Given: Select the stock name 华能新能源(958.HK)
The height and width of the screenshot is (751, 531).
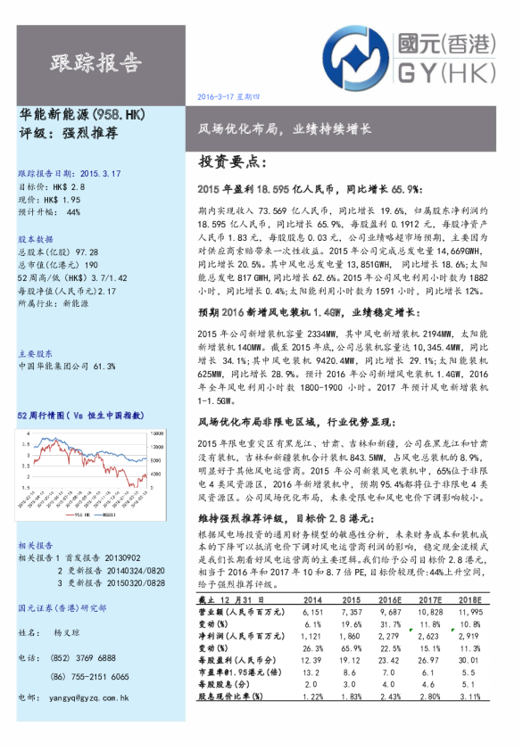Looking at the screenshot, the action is [81, 116].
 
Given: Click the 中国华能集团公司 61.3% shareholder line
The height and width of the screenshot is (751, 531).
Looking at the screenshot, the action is [67, 366].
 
